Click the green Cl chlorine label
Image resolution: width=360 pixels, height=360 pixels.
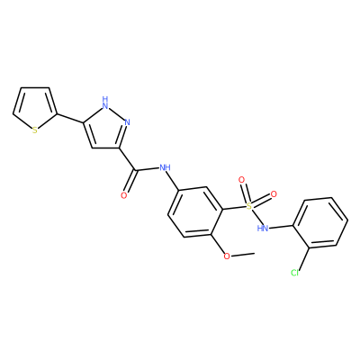click(x=295, y=273)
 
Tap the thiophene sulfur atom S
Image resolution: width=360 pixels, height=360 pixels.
click(x=35, y=130)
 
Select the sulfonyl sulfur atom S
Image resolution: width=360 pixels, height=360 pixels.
click(x=248, y=206)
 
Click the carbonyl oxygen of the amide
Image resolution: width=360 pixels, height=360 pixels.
click(x=124, y=196)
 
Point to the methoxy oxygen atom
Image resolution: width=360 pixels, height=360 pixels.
click(x=227, y=256)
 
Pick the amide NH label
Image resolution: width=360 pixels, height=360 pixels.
click(x=165, y=167)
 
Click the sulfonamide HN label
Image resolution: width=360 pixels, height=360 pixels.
click(x=263, y=229)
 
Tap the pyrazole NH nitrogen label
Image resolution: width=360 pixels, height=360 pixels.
click(x=105, y=103)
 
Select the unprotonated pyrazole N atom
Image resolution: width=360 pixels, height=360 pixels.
click(x=127, y=122)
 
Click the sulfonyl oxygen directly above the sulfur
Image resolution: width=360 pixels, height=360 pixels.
click(x=241, y=180)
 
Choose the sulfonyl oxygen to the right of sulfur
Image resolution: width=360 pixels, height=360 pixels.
click(x=274, y=194)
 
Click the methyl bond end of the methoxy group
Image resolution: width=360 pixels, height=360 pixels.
click(x=255, y=253)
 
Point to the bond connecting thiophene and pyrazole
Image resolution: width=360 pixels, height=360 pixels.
click(x=69, y=119)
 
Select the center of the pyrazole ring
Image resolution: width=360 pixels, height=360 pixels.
click(x=104, y=128)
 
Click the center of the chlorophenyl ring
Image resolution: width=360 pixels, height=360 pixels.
click(x=320, y=222)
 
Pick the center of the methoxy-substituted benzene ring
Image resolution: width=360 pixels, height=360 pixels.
click(x=195, y=212)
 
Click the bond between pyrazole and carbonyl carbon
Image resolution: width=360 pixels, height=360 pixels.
click(x=129, y=159)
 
